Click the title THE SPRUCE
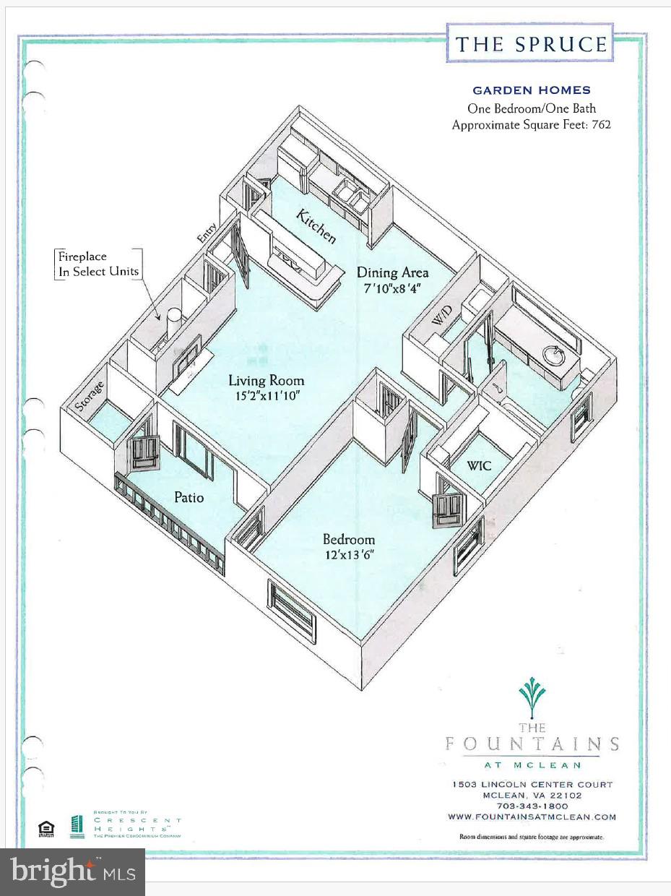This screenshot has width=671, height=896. pos(530,44)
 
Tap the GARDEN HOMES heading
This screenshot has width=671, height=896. pos(531,90)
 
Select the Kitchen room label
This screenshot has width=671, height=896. pos(316,225)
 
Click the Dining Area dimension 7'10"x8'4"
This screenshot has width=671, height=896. pos(392,287)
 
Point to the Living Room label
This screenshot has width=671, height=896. pos(267,381)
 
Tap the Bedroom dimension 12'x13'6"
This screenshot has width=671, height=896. pos(349,554)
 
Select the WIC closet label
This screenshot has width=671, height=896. pos(478,466)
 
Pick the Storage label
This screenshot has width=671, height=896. pos(90,396)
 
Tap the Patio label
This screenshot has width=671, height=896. pos(189,497)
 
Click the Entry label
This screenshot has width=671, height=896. pos(207,233)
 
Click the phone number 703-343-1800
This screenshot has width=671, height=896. pos(532,806)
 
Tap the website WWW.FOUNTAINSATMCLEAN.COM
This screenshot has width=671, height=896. pos(532,817)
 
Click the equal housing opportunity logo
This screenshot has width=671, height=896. pos(46,828)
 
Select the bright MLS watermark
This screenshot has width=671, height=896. pos(73,871)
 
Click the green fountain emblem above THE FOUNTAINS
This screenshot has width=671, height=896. pos(532,696)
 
